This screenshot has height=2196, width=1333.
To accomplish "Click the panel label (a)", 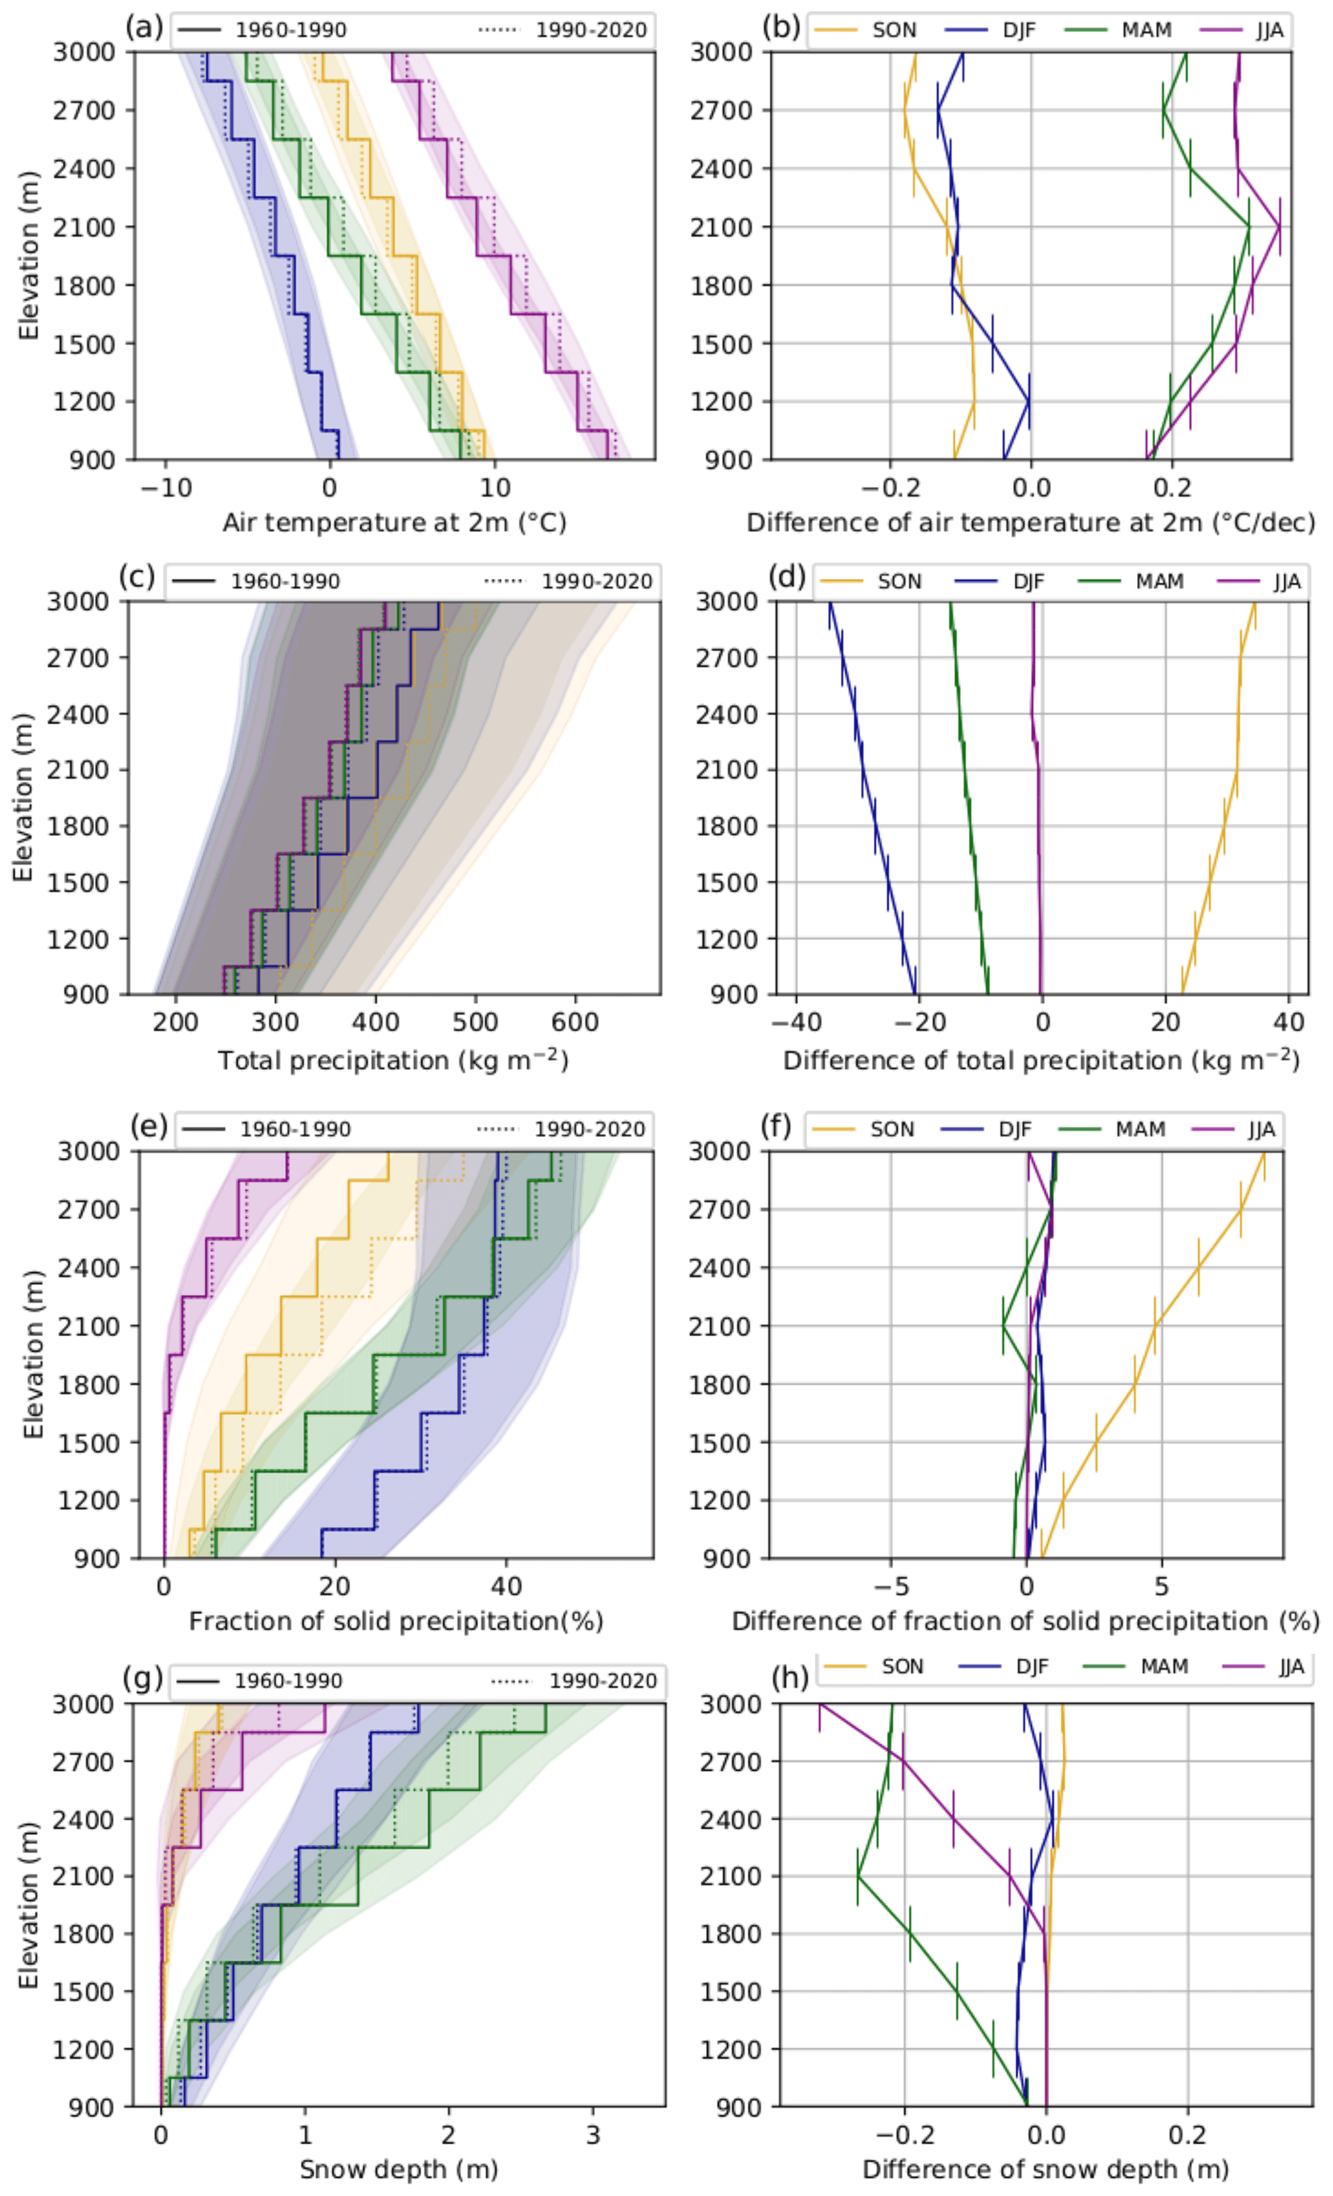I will tap(143, 28).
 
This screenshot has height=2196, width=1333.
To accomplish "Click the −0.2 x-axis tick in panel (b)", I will tap(889, 488).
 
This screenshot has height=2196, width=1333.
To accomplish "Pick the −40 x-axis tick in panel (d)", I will tap(796, 1022).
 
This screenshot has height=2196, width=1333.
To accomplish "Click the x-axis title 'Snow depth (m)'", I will tap(399, 2168).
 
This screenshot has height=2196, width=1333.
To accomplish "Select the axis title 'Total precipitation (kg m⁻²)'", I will tap(393, 1060).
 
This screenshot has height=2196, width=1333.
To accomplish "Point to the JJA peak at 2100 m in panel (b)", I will tap(1280, 227).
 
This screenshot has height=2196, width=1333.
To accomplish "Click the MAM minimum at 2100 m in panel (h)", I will tap(858, 1876).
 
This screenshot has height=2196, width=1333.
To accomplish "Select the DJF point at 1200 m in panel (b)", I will tap(1029, 401).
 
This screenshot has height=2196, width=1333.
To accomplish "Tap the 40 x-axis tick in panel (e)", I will tap(506, 1585).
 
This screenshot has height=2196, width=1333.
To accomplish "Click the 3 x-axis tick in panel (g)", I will tap(593, 2135).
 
